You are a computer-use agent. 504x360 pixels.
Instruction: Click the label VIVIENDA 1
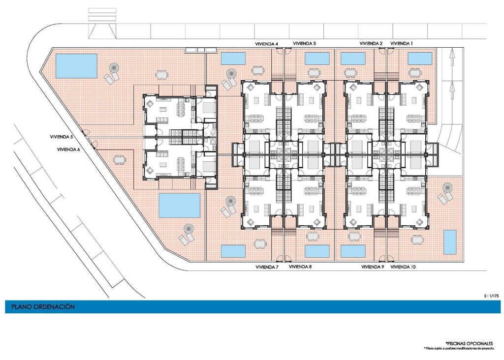click(x=402, y=44)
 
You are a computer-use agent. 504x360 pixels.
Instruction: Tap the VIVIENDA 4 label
click(x=266, y=44)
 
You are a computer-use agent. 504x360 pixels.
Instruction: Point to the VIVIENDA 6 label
click(x=68, y=150)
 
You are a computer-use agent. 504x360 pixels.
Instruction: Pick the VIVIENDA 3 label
click(x=304, y=44)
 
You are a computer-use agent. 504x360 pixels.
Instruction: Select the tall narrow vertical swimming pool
click(x=450, y=241)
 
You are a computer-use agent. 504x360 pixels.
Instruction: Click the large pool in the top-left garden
click(x=76, y=66)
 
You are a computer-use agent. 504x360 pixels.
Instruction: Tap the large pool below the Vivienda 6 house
click(x=179, y=205)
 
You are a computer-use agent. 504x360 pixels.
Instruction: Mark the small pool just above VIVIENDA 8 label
click(x=317, y=251)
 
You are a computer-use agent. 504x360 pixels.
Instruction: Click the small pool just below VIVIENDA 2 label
click(x=353, y=59)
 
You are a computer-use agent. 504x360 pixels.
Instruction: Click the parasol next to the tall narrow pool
click(x=447, y=187)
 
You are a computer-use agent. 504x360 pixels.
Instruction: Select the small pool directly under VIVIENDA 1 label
click(x=420, y=59)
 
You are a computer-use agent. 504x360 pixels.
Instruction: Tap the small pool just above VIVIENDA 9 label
click(x=353, y=251)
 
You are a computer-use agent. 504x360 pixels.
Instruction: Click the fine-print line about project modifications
click(x=459, y=348)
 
